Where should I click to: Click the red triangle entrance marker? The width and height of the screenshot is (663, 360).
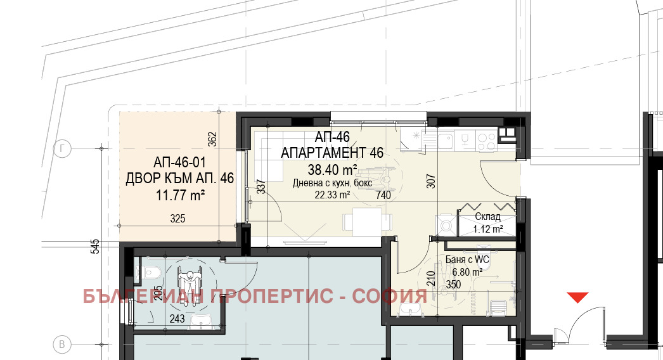coord(577,297)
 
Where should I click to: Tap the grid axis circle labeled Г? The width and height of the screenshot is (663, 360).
coord(62,149)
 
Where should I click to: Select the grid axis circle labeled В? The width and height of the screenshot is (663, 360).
coord(62,344)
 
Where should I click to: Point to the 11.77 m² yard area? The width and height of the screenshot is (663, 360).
coord(180,195)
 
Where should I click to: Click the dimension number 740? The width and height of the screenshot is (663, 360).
coord(383,195)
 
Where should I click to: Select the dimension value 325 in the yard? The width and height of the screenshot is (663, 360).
coord(177,219)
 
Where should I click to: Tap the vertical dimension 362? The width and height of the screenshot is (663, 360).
coord(212,139)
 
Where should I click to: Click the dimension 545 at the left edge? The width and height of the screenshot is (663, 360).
coord(96,246)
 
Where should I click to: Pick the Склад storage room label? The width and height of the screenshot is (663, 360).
coord(487,217)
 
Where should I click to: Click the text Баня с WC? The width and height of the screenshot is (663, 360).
coord(467,259)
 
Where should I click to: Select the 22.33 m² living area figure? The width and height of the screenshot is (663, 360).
coord(332,195)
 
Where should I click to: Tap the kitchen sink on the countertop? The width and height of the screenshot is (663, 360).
coord(445,141)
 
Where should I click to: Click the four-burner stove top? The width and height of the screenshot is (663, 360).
coord(486,141)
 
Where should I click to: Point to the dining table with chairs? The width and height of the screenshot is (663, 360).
coord(366,222)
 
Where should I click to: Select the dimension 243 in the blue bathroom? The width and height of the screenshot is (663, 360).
coord(177,319)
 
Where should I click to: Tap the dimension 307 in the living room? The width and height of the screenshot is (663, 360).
coord(430,181)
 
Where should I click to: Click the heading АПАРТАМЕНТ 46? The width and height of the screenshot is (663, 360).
coord(332,152)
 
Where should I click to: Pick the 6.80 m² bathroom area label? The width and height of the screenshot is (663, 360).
coord(467,272)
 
